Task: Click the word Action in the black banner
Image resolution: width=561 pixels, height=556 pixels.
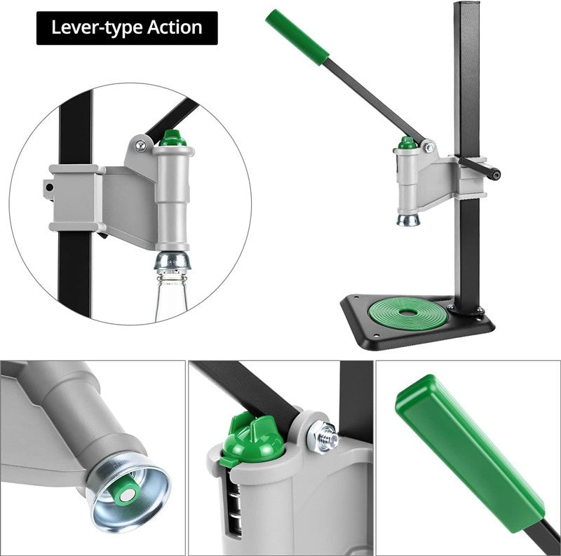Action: tap(175, 27)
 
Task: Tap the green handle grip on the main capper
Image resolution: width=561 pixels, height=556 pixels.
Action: tap(297, 37)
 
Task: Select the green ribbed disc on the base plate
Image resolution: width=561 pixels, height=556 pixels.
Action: tap(408, 312)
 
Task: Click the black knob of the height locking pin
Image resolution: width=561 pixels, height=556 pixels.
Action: tap(495, 175)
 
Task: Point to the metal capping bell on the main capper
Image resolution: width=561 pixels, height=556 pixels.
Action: tap(408, 219)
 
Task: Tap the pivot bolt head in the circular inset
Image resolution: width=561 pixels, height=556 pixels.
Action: tap(140, 145)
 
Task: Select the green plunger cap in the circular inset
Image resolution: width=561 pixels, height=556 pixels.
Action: tap(173, 138)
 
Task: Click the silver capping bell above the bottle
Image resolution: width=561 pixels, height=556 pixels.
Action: tap(173, 261)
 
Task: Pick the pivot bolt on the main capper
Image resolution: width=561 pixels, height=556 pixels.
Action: tap(429, 147)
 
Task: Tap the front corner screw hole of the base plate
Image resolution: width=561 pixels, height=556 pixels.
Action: tap(376, 336)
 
